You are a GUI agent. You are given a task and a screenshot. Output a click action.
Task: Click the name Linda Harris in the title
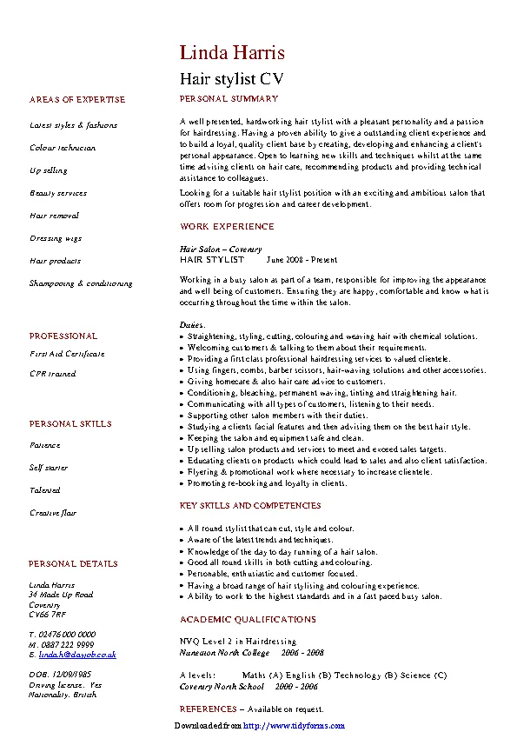[x=232, y=53]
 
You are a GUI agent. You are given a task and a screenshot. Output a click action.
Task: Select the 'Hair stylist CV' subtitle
[x=231, y=78]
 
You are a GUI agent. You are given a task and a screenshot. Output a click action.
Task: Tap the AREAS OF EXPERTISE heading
[x=77, y=100]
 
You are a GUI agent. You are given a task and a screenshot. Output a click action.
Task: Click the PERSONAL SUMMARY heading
[x=229, y=99]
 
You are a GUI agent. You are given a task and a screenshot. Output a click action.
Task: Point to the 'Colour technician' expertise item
[x=63, y=148]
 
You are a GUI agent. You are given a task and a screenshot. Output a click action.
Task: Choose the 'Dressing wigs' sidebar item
[x=56, y=238]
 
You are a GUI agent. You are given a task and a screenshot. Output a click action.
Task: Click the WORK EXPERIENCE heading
[x=227, y=226]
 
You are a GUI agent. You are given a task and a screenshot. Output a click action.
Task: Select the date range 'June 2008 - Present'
[x=302, y=260]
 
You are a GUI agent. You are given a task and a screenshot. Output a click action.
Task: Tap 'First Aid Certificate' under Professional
[x=67, y=354]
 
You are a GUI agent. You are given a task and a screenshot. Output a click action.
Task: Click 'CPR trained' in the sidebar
[x=53, y=374]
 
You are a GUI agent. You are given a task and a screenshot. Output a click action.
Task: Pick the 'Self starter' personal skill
[x=49, y=468]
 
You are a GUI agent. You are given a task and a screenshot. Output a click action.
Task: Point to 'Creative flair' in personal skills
[x=54, y=513]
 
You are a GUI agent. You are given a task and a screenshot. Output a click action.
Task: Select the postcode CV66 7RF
[x=47, y=615]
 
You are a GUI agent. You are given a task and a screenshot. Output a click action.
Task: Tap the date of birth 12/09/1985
[x=73, y=675]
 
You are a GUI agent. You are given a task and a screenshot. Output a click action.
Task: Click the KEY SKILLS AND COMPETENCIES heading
[x=250, y=506]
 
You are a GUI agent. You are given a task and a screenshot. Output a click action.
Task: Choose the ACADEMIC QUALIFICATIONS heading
[x=248, y=620]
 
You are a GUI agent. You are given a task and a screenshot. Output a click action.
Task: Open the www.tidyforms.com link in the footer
[x=294, y=726]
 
